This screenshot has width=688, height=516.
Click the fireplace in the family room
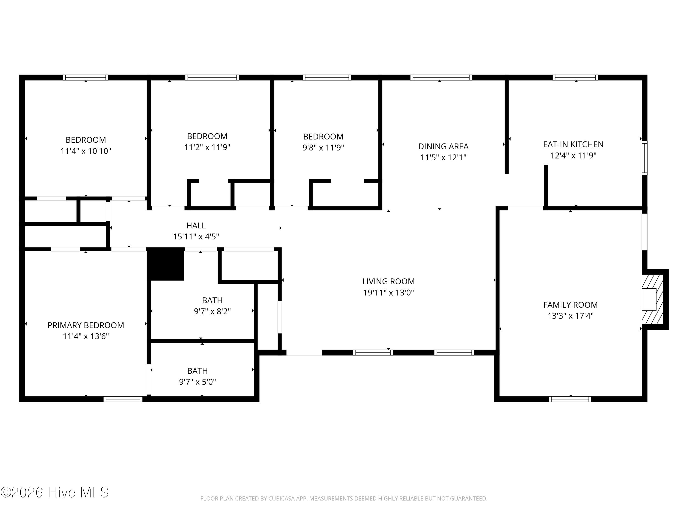point(652,299)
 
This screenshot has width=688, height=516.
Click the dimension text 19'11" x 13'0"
point(388,293)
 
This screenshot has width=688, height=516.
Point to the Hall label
point(196,225)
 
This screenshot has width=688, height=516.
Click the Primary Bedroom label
point(86,325)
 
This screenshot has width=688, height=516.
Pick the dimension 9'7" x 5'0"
point(197,382)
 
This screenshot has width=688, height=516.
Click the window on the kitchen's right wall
point(644,158)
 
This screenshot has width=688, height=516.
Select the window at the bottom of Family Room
point(570,399)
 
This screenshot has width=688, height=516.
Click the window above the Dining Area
point(441,78)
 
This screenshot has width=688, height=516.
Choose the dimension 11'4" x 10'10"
point(86,151)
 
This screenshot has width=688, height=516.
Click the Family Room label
point(570,305)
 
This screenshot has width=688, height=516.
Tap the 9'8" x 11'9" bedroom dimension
point(323,147)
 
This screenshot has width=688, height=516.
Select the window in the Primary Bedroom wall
point(123,399)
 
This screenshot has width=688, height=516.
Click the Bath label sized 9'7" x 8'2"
point(212,300)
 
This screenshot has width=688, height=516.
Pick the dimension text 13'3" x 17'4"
point(570,316)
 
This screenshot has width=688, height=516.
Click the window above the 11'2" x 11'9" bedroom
point(212,78)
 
